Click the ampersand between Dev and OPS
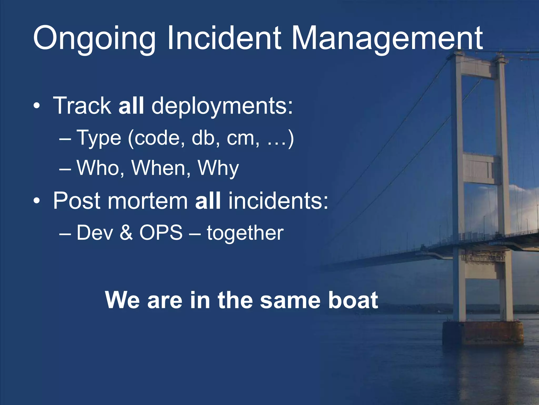point(126,233)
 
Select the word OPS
point(161,233)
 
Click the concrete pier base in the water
point(483,334)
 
